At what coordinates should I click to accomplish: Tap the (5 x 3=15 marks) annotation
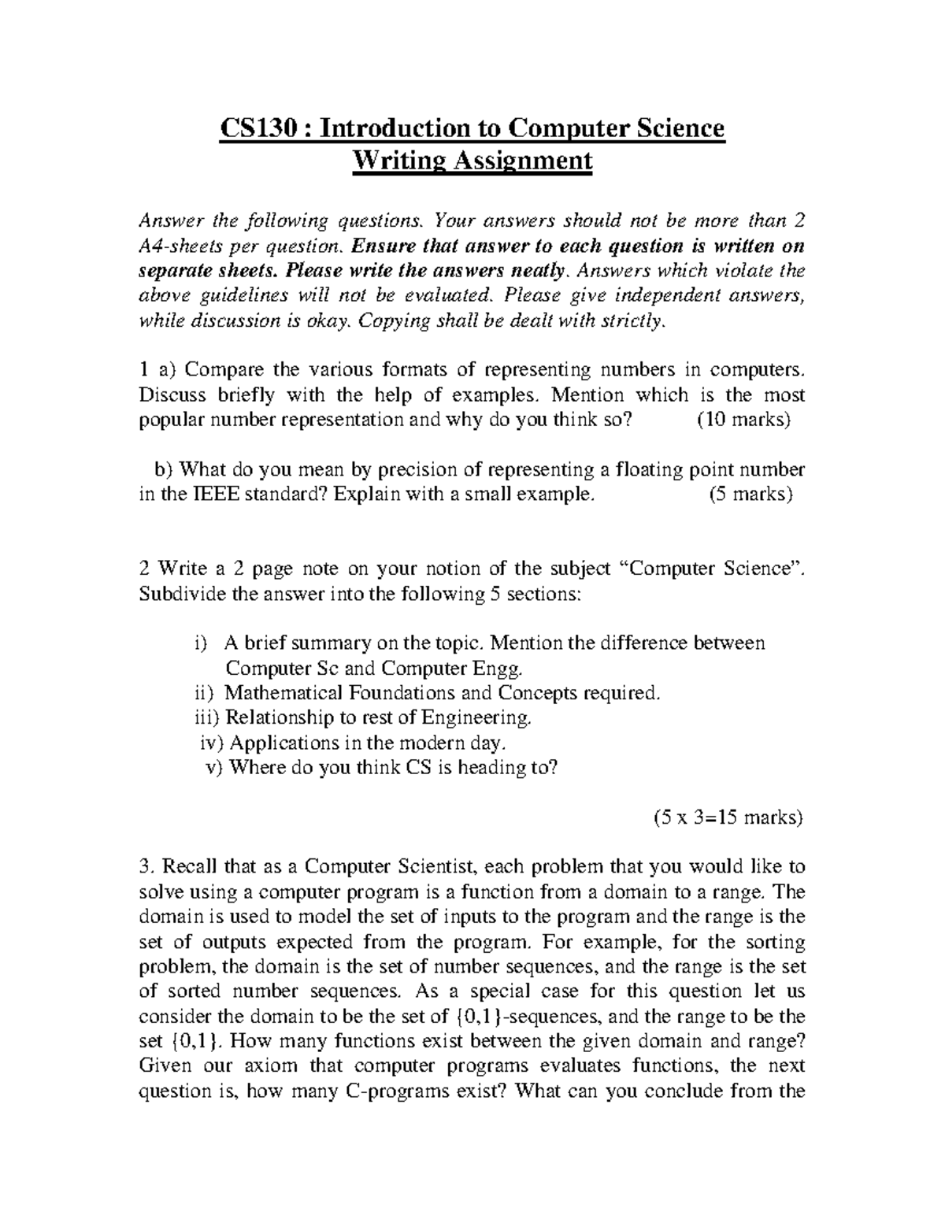728,817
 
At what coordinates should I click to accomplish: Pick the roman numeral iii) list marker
207,717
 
